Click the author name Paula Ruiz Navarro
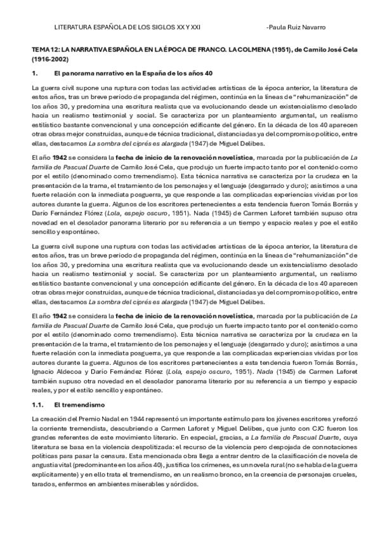pyautogui.click(x=297, y=28)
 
